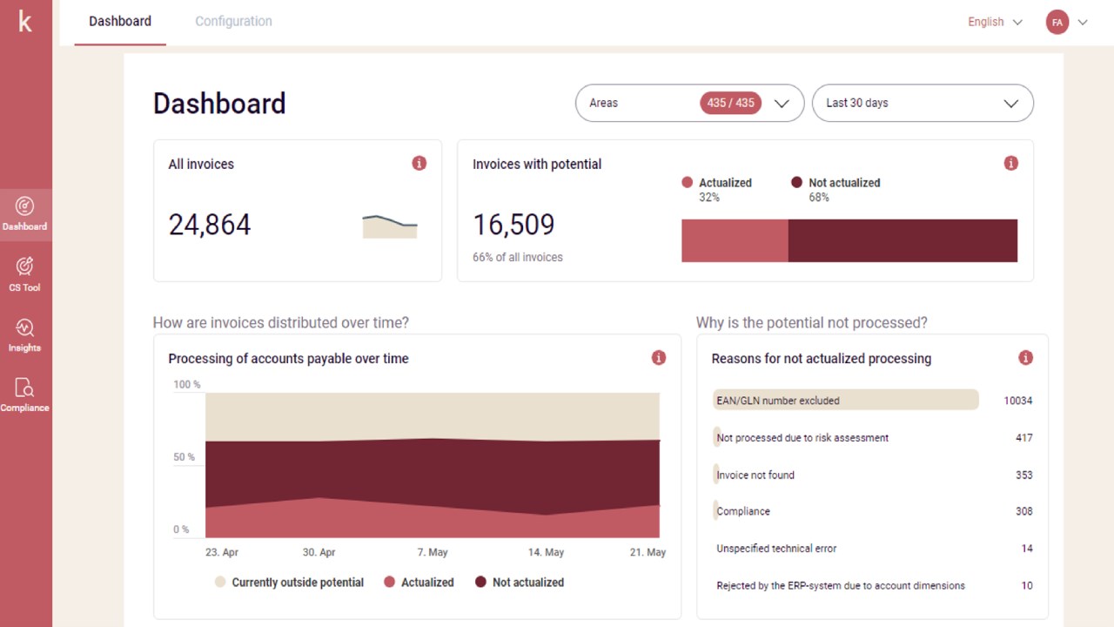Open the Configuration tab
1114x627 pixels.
pyautogui.click(x=233, y=22)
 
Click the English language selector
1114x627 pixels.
pyautogui.click(x=995, y=23)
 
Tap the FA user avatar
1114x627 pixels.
pyautogui.click(x=1057, y=23)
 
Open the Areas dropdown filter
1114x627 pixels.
pyautogui.click(x=688, y=103)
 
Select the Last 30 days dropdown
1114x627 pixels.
pyautogui.click(x=922, y=103)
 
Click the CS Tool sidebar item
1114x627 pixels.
pyautogui.click(x=25, y=273)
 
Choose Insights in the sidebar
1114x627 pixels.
pyautogui.click(x=25, y=334)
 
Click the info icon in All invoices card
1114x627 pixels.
pyautogui.click(x=419, y=163)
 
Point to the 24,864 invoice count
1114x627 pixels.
pyautogui.click(x=210, y=225)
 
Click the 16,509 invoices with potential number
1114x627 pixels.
pyautogui.click(x=513, y=225)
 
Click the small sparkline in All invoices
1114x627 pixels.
pyautogui.click(x=389, y=226)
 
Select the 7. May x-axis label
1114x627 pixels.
pyautogui.click(x=432, y=552)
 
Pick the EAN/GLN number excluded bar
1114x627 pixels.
pyautogui.click(x=845, y=401)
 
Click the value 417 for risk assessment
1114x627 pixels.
pyautogui.click(x=1023, y=438)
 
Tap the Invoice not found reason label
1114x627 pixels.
pyautogui.click(x=755, y=475)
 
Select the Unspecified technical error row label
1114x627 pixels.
pyautogui.click(x=776, y=549)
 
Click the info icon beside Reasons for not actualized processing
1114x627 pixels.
pyautogui.click(x=1025, y=358)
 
